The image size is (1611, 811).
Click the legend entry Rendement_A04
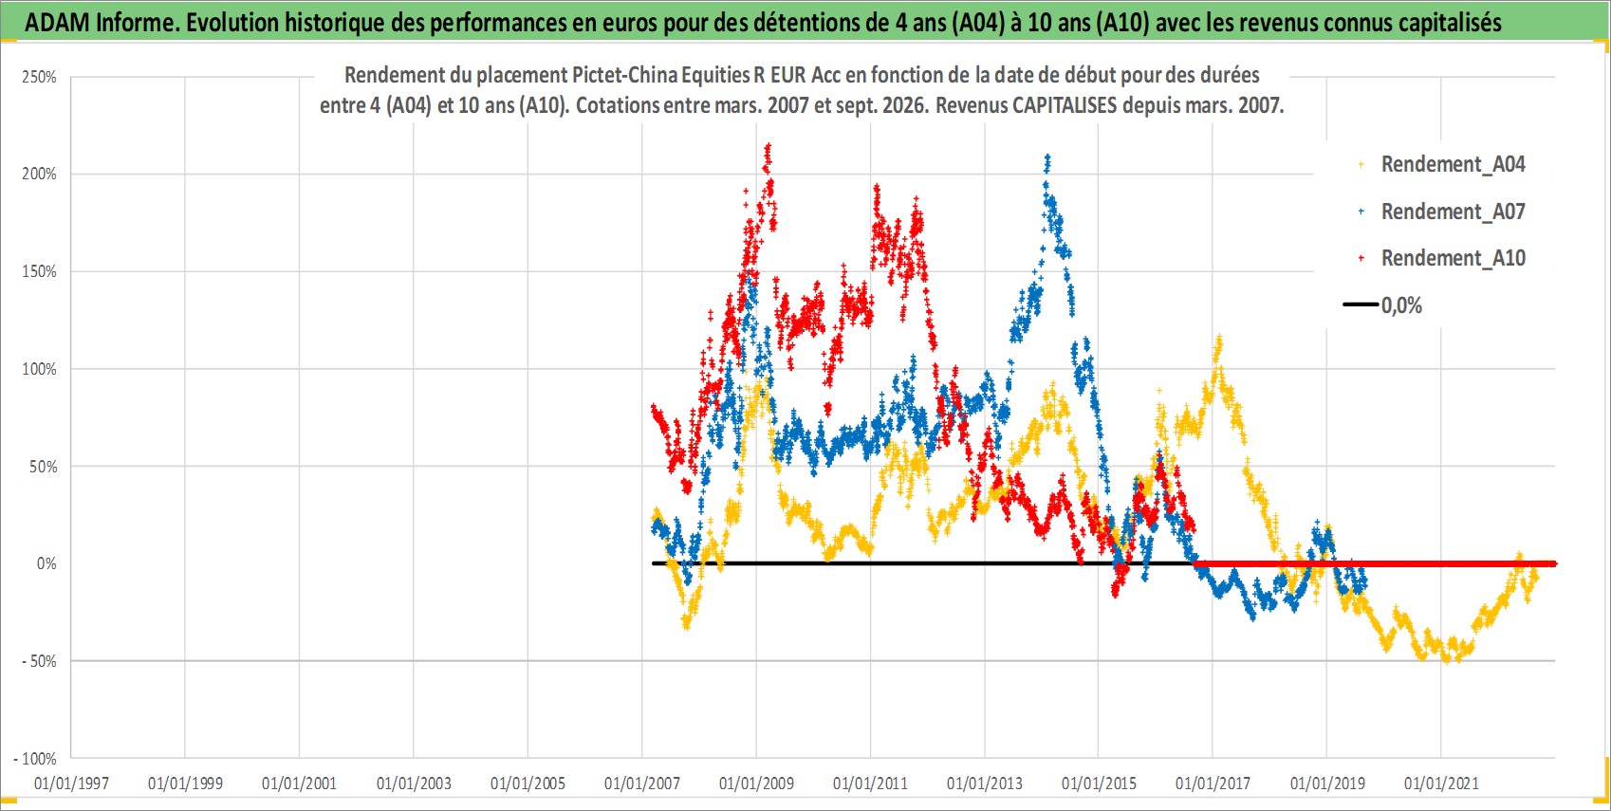(x=1442, y=165)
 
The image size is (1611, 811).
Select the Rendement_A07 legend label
(x=1442, y=212)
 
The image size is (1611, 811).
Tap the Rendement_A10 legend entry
(x=1442, y=258)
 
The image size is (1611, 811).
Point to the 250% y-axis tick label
(x=39, y=77)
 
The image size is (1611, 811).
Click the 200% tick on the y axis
(x=39, y=174)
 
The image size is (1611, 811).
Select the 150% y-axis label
(x=39, y=272)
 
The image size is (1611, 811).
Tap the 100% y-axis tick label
(x=39, y=369)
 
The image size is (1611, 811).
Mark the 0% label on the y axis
(x=46, y=563)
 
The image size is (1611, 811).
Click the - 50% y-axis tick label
(x=38, y=661)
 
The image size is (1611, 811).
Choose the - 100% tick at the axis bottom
(x=34, y=759)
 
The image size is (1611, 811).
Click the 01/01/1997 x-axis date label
(x=71, y=783)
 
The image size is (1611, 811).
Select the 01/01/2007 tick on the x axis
(x=642, y=783)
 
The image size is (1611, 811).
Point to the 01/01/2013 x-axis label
(x=985, y=783)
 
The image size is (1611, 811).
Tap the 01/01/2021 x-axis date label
(x=1441, y=783)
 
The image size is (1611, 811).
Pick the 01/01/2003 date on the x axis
(x=414, y=783)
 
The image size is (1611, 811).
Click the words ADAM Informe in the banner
(x=101, y=23)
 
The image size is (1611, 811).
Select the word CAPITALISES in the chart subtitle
(x=1065, y=105)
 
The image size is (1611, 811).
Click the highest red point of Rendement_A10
(x=768, y=146)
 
